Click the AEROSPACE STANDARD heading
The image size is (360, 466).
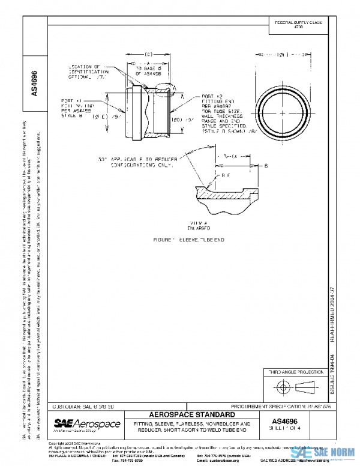pos(192,415)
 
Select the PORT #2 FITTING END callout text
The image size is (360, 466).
pos(222,114)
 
